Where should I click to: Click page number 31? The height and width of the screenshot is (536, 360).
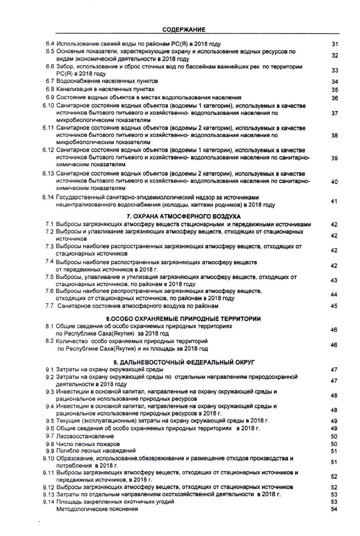click(334, 44)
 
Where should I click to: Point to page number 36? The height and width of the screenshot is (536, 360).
click(334, 98)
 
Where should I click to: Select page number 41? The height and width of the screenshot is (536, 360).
click(334, 201)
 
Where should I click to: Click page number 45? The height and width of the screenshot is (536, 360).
click(334, 305)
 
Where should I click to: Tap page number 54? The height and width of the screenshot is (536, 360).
click(334, 509)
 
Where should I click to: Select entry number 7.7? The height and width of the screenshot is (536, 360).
click(50, 305)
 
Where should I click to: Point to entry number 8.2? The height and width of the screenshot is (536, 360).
click(50, 341)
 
